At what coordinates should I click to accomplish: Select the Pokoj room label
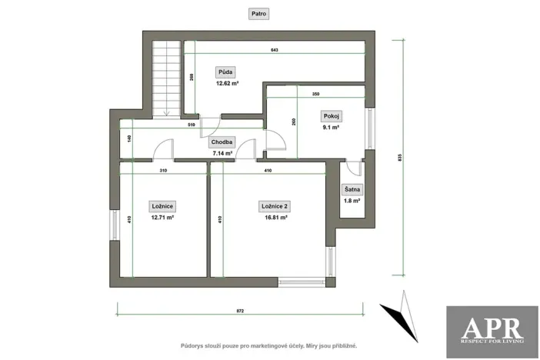click(332, 116)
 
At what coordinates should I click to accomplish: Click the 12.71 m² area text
click(162, 218)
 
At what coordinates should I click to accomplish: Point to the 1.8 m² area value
click(352, 200)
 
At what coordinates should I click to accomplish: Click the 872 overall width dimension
click(240, 310)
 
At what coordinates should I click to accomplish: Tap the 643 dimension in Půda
click(274, 49)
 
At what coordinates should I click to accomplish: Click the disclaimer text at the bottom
click(269, 346)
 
